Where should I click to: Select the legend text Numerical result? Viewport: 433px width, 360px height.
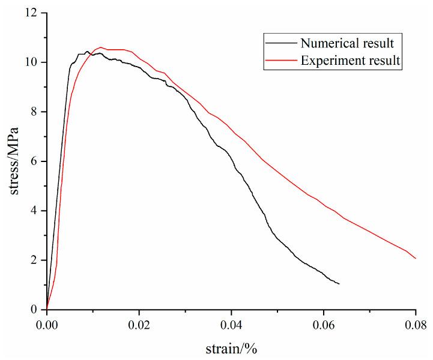pos(347,43)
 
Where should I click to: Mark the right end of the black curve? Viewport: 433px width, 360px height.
pos(339,284)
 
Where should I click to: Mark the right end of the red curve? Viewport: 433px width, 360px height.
pos(416,258)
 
